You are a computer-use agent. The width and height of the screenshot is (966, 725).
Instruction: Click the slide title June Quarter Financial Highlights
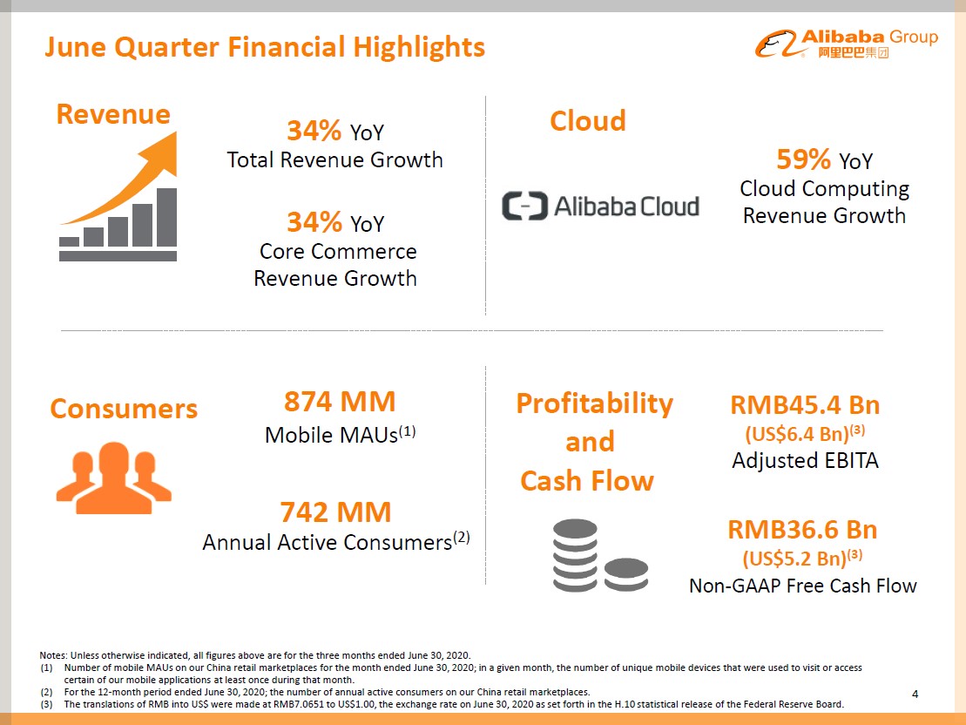click(x=265, y=46)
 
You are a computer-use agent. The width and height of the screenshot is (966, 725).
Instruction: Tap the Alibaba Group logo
click(x=846, y=44)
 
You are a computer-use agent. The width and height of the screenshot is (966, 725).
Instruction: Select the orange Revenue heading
click(x=113, y=113)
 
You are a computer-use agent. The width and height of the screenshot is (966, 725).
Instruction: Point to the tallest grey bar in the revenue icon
click(x=166, y=217)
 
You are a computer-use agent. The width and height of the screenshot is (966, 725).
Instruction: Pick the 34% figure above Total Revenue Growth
click(x=314, y=132)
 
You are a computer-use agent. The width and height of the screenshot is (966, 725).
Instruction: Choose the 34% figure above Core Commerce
click(x=314, y=222)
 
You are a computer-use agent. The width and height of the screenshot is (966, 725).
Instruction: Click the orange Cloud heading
click(x=588, y=120)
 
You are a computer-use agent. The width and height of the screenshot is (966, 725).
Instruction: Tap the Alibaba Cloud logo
click(x=600, y=206)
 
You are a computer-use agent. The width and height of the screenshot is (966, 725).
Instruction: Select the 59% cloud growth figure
click(x=803, y=159)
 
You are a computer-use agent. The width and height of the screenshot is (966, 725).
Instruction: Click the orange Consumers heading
click(x=124, y=409)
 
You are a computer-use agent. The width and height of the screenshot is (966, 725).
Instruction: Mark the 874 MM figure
click(x=340, y=402)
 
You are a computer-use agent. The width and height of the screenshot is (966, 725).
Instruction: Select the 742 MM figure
click(x=335, y=512)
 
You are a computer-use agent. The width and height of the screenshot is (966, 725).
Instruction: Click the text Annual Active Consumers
click(x=328, y=542)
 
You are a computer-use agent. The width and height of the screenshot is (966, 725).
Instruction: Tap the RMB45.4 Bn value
click(x=805, y=405)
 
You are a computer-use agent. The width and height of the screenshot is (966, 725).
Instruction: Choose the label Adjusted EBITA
click(x=805, y=461)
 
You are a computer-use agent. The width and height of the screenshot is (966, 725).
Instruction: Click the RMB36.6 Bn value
click(x=802, y=530)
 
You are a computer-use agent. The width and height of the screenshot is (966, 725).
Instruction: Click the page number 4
click(x=915, y=694)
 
